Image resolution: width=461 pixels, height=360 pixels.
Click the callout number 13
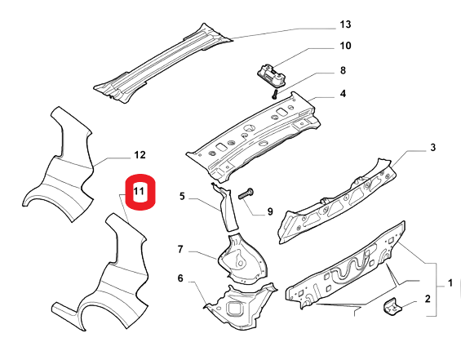[345, 24]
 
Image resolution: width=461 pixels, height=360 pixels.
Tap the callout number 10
[345, 46]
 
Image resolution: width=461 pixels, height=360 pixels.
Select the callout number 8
[343, 70]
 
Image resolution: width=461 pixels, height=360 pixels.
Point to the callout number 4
[343, 94]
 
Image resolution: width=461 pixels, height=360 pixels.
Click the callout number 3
[432, 148]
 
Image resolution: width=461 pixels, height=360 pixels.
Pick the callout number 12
[140, 155]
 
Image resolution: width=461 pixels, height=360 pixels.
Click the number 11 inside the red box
[139, 192]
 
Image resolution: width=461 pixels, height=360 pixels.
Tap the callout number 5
[182, 196]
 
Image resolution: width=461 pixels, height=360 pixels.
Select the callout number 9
[270, 211]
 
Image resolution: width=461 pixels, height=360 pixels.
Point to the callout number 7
[180, 250]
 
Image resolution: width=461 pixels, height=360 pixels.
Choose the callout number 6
[180, 278]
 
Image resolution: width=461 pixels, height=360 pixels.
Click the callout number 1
[450, 283]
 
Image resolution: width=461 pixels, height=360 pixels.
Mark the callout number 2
[428, 299]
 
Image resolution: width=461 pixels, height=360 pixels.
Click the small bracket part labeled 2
[392, 307]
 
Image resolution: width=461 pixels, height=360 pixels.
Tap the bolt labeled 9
[246, 193]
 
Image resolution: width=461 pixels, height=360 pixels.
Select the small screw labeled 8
[275, 94]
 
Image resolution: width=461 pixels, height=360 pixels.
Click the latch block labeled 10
[272, 74]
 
